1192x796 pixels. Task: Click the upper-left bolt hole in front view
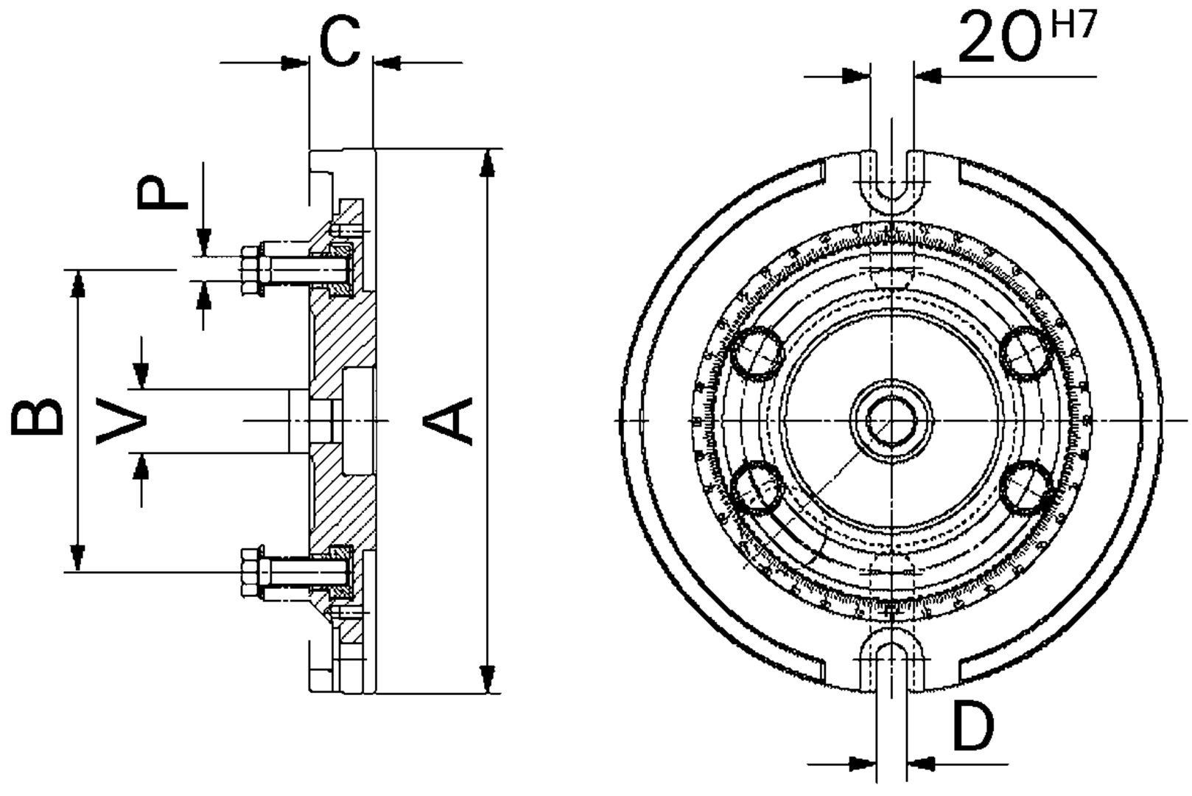(x=757, y=352)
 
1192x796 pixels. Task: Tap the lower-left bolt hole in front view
(x=757, y=487)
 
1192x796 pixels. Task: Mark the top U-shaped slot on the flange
(x=891, y=181)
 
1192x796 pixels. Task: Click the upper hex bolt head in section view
(x=252, y=271)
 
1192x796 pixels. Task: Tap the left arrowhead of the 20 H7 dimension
(x=855, y=75)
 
